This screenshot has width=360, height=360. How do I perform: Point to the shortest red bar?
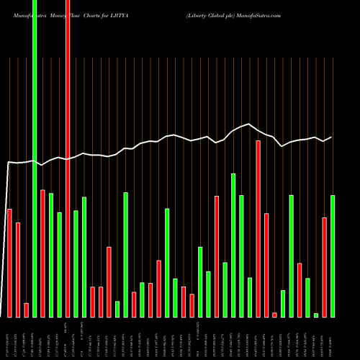[x=274, y=315]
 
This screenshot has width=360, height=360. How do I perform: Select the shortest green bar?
[x=316, y=315]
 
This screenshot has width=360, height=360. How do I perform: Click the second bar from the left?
[x=18, y=270]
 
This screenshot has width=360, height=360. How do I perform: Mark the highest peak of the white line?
[x=249, y=124]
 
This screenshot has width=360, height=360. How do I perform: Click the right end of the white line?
[x=332, y=137]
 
